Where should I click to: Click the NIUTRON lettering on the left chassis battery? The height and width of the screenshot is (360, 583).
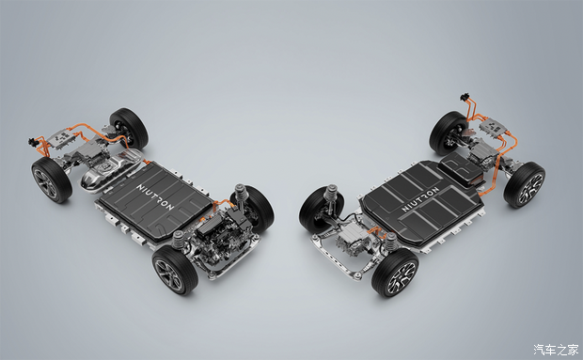155,196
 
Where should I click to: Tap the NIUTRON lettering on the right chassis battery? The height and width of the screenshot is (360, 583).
420,199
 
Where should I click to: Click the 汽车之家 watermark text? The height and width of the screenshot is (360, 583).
557,350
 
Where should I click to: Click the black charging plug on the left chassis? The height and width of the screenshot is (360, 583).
33,142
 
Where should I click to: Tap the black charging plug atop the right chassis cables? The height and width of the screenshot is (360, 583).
464,98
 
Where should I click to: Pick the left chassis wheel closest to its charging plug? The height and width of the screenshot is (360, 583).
52,180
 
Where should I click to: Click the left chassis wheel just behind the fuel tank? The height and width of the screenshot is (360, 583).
129,128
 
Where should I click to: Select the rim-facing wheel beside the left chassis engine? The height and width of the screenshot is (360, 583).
175,270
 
